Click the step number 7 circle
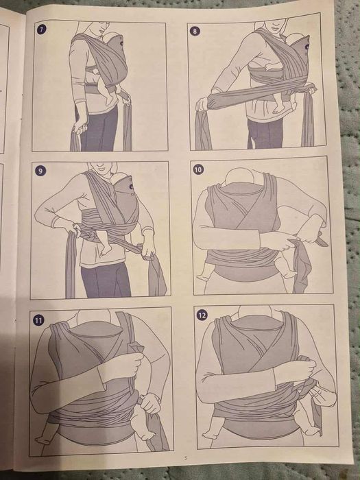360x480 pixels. [x=42, y=29]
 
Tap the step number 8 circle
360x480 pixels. [x=195, y=31]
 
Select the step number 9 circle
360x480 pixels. [x=41, y=170]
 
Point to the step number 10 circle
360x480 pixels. [x=198, y=169]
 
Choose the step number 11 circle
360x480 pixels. [x=38, y=320]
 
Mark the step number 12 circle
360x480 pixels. [x=202, y=316]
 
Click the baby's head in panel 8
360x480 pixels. [x=293, y=41]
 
